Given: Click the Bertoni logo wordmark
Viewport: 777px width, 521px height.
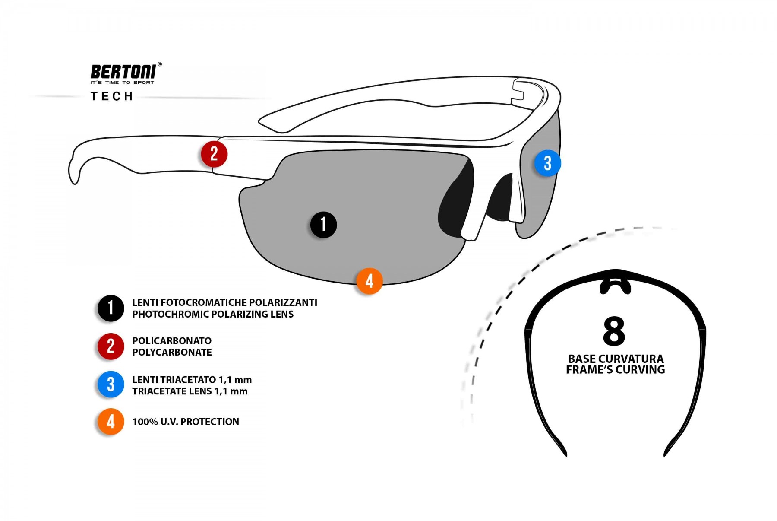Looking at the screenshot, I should click(123, 72).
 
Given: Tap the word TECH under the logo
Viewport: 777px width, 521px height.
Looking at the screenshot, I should click(112, 96).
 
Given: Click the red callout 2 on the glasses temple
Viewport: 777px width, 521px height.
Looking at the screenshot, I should click(214, 154).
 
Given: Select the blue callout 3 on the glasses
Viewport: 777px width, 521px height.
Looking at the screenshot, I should click(547, 163).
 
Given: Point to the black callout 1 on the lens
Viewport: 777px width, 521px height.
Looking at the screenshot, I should click(323, 225).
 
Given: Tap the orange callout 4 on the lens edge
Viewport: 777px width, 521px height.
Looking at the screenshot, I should click(369, 281).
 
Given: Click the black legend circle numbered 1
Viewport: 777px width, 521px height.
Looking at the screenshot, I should click(111, 308).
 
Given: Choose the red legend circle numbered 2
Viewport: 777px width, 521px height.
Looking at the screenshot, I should click(111, 346).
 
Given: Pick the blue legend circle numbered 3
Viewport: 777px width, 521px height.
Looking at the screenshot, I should click(111, 384).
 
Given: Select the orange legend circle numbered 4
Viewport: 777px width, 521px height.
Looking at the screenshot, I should click(111, 422).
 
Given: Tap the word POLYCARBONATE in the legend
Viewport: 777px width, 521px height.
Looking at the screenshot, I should click(172, 353).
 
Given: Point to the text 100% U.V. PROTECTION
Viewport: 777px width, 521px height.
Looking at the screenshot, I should click(186, 422).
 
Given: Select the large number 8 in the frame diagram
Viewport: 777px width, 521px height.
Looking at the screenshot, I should click(614, 331).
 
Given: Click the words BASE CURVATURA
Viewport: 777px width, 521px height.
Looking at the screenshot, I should click(616, 359).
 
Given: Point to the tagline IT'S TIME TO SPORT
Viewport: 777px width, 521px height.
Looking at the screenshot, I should click(122, 83).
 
